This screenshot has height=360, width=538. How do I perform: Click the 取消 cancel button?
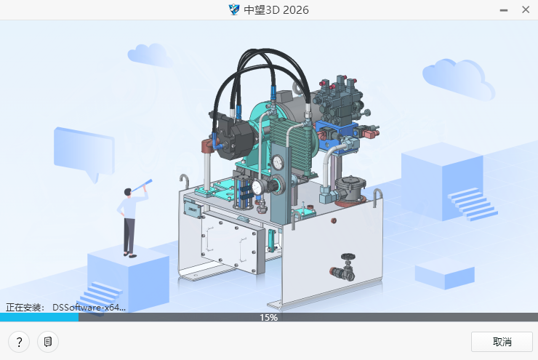[x=502, y=342]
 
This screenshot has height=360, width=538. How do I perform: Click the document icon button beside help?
[x=47, y=342]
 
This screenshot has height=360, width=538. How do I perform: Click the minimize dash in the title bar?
[x=504, y=9]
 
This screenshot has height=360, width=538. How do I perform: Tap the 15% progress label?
[x=268, y=318]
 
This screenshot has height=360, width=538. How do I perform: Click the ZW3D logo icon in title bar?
[x=234, y=9]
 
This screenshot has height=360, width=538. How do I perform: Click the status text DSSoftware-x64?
[x=89, y=308]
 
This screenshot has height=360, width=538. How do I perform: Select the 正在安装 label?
[x=25, y=308]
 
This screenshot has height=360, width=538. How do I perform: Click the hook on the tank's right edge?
[x=378, y=196]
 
